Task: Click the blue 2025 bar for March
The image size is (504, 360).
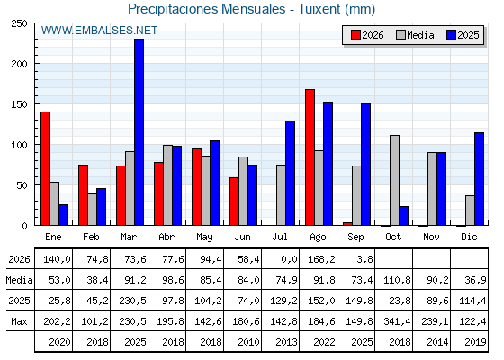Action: click(139, 132)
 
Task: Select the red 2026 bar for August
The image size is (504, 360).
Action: click(310, 157)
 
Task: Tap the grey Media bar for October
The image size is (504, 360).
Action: click(395, 180)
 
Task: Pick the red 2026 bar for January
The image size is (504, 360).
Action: click(46, 168)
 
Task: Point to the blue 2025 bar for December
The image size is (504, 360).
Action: click(479, 179)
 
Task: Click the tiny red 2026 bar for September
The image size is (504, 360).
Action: click(347, 224)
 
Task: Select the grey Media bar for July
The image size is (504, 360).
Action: click(281, 195)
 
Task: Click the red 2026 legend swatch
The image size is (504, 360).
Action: click(355, 35)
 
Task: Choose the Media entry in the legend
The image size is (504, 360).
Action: click(415, 35)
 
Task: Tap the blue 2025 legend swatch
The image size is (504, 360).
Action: click(451, 35)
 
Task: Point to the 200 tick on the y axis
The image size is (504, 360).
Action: click(19, 64)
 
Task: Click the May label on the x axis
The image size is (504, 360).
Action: click(205, 237)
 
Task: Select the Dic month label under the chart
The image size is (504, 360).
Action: click(469, 237)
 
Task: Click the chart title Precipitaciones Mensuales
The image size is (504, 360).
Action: click(207, 9)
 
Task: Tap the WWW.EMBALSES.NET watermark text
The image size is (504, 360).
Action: click(99, 31)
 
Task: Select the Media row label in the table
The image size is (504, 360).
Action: click(19, 280)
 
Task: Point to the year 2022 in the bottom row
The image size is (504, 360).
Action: click(324, 342)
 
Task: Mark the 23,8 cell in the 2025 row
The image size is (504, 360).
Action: click(400, 301)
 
